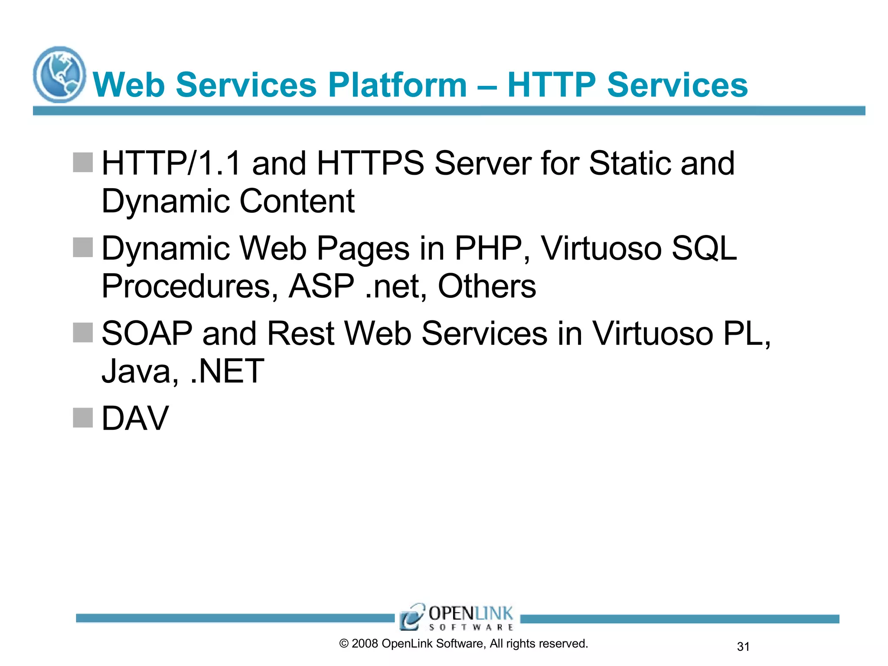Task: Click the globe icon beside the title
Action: pos(59,75)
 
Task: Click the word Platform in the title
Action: pos(397,85)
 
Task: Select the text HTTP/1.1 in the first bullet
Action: pos(171,163)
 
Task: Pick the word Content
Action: pos(297,201)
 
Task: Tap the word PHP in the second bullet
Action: pos(488,248)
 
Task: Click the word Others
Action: pos(486,287)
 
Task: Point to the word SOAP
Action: pos(147,333)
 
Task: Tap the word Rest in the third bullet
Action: pos(300,333)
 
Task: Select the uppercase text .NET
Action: pos(227,372)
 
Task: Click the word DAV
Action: pos(135,418)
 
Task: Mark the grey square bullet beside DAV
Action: pos(83,418)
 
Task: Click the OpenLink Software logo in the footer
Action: pos(457,617)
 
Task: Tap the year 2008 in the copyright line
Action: pos(365,643)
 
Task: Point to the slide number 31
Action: pos(743,646)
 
